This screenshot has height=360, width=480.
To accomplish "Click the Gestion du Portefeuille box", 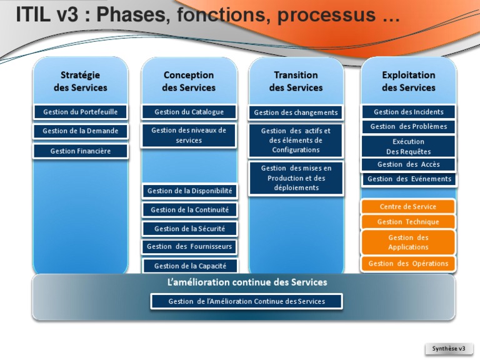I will click(80, 112).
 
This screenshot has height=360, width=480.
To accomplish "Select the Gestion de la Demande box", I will click(80, 131).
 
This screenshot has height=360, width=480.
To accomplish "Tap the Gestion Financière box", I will click(80, 151).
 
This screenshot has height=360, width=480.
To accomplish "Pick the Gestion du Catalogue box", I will click(189, 112).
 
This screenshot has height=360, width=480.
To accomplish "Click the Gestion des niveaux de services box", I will click(189, 135).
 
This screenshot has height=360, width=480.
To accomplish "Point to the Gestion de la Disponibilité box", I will click(189, 191).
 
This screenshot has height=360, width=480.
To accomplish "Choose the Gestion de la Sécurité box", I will click(189, 229).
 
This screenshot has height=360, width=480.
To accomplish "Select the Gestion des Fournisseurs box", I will click(189, 247).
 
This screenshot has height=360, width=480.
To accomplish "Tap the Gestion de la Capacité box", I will click(189, 266).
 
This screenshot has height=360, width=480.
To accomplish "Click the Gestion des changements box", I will click(296, 112).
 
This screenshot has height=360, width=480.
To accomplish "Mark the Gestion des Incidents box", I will click(408, 112).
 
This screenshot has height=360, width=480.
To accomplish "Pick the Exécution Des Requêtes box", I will click(408, 146).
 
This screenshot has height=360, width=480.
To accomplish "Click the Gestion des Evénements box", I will click(409, 179).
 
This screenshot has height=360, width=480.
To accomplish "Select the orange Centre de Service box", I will click(408, 207).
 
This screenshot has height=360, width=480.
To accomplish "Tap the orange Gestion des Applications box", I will click(408, 242).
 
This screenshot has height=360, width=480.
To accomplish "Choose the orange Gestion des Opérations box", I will click(408, 264).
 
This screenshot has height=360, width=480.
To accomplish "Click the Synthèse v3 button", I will click(449, 348).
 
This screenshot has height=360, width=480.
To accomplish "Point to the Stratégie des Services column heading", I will click(80, 81).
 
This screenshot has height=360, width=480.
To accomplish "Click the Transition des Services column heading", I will click(296, 81).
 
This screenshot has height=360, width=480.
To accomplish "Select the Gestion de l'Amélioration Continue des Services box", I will click(246, 301).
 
